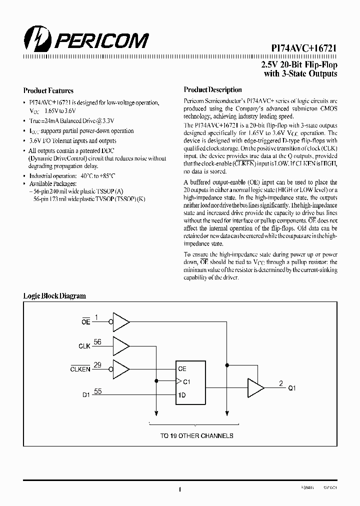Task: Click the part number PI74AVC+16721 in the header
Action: tap(300, 47)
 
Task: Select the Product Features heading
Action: tap(48, 91)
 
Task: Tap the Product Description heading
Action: tap(212, 90)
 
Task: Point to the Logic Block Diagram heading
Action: tap(54, 296)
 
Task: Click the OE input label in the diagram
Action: tap(85, 322)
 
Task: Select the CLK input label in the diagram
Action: tap(84, 346)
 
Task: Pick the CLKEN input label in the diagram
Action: tap(80, 369)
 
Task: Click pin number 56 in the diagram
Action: tap(97, 342)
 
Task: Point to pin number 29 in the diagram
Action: tap(97, 365)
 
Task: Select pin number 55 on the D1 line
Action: tap(97, 391)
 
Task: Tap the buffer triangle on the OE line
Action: tap(121, 321)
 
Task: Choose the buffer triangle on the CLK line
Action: tap(121, 345)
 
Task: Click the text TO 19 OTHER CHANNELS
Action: tap(196, 436)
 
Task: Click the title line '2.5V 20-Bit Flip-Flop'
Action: tap(299, 65)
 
